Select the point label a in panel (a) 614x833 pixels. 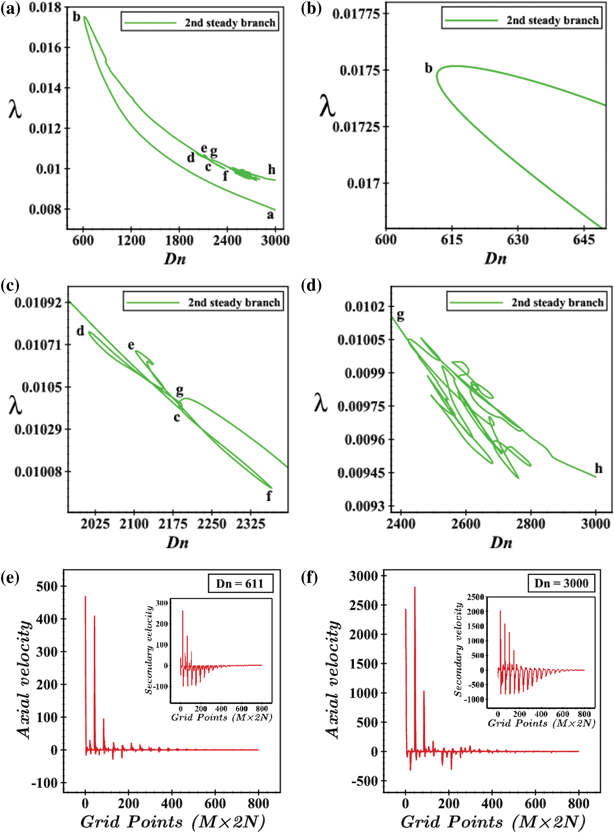[x=270, y=215]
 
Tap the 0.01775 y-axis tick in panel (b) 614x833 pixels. [x=356, y=14]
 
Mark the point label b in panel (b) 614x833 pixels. [x=429, y=68]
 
